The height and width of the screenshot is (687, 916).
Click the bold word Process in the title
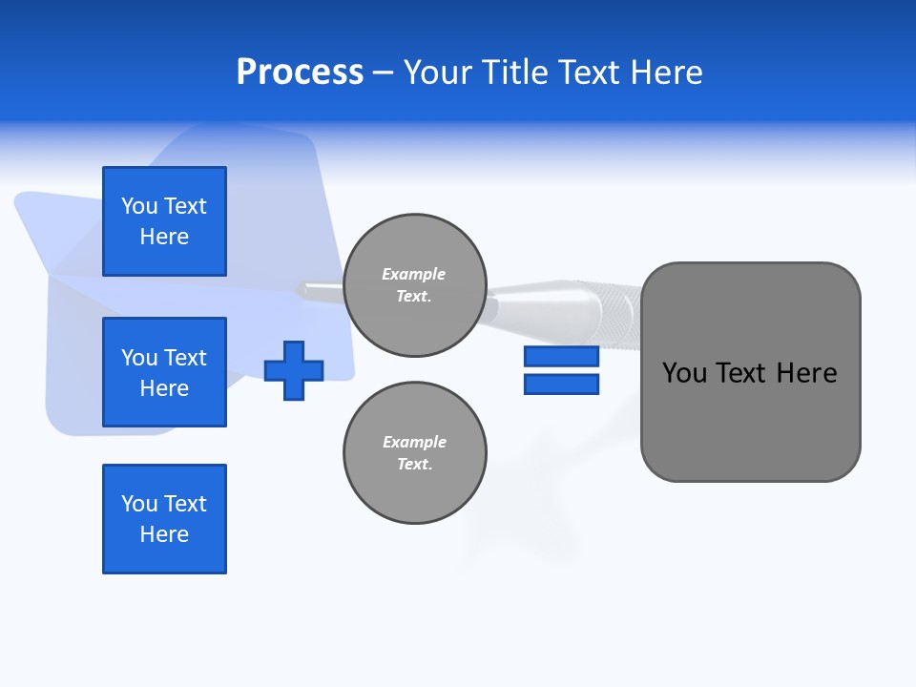click(x=300, y=73)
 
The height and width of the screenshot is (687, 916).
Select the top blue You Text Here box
click(x=164, y=221)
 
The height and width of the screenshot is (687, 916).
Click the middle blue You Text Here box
click(x=164, y=372)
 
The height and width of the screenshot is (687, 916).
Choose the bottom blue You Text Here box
click(x=164, y=519)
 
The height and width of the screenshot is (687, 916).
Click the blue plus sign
click(x=294, y=370)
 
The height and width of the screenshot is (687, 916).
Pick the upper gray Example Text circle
click(x=414, y=285)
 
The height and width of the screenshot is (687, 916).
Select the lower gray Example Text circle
click(x=414, y=453)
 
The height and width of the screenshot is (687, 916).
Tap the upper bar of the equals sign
click(x=561, y=356)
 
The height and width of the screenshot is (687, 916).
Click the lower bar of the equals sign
click(x=561, y=384)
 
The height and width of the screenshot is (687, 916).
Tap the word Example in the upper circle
click(x=413, y=274)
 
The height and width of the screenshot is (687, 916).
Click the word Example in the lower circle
click(x=413, y=442)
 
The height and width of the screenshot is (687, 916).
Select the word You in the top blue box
click(x=139, y=206)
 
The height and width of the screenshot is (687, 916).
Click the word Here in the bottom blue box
click(x=164, y=534)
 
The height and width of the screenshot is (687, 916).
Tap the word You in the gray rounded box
click(x=684, y=373)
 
